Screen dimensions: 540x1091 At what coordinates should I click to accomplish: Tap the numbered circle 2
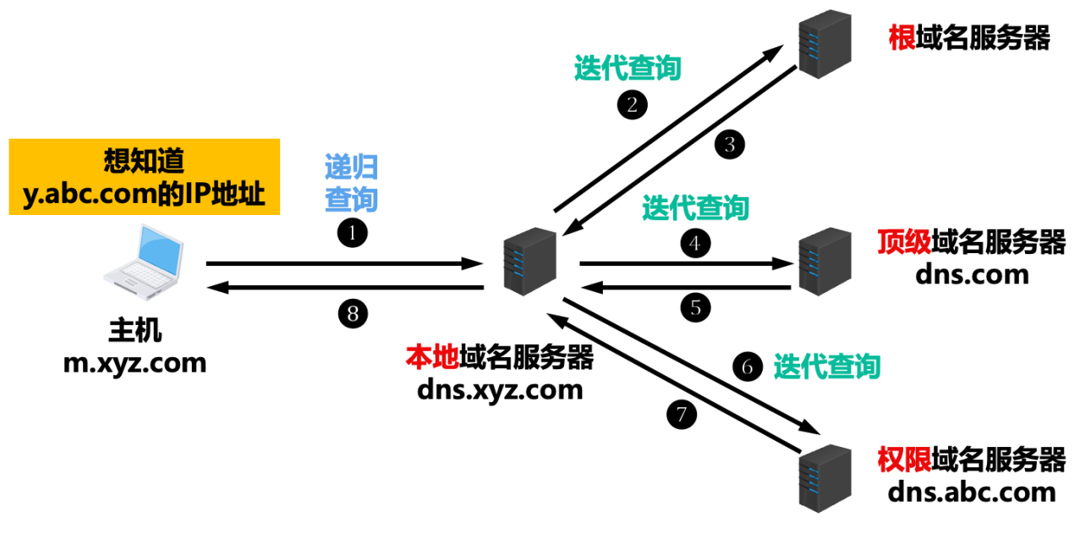pos(632,104)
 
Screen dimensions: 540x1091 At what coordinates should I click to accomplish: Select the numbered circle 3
pos(730,144)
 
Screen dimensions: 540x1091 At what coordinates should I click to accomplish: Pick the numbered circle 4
pos(695,244)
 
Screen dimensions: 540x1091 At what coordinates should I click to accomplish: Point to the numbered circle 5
pos(695,307)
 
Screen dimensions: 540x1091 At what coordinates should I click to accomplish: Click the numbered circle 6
pos(746,367)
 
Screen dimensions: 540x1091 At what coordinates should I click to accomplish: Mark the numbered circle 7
pos(682,414)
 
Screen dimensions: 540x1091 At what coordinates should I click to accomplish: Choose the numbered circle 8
pos(353,314)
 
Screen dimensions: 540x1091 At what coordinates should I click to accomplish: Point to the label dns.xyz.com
pos(500,389)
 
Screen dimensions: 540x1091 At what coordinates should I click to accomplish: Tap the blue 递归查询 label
pos(351,183)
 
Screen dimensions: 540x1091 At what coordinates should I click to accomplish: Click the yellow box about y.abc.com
pos(145,177)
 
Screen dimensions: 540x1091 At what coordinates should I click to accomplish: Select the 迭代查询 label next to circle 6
pos(826,366)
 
